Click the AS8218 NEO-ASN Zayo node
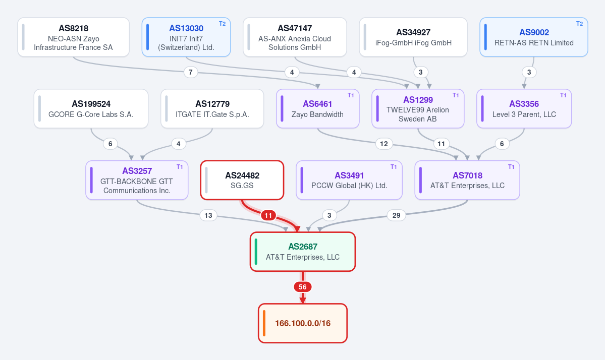click(x=73, y=37)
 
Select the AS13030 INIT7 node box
click(x=186, y=37)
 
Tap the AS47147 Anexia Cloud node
click(x=295, y=37)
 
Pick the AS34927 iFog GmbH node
click(x=413, y=37)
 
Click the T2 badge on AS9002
click(x=579, y=24)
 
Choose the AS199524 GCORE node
click(x=91, y=109)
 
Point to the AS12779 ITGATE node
click(x=212, y=109)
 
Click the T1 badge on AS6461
click(x=351, y=95)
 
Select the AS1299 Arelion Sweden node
click(x=418, y=109)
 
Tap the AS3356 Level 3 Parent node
click(x=524, y=109)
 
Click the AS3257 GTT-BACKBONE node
click(x=137, y=181)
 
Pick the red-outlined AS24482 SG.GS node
click(x=242, y=181)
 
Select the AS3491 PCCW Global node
click(x=349, y=181)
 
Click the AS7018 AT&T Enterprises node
click(x=467, y=181)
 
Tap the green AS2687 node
click(x=303, y=252)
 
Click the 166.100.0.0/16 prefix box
click(x=303, y=323)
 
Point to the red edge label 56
click(x=303, y=287)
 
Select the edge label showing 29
click(x=396, y=215)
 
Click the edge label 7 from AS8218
click(x=191, y=72)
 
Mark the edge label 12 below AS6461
click(x=384, y=144)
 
